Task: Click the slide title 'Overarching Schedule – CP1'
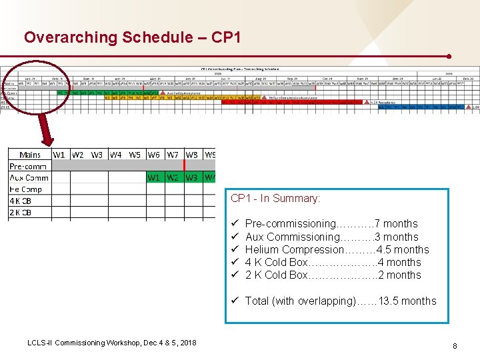[x=127, y=37]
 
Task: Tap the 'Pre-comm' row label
[x=28, y=166]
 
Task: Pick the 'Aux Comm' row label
[x=29, y=177]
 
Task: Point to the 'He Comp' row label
[x=26, y=189]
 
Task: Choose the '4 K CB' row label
[x=21, y=201]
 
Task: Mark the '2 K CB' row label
[x=21, y=213]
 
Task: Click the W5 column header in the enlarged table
[x=135, y=155]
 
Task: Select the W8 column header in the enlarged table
[x=192, y=155]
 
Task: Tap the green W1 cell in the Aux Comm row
[x=154, y=177]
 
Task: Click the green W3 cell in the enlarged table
[x=192, y=177]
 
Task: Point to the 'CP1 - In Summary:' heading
[x=275, y=199]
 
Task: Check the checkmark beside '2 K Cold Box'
[x=235, y=275]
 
